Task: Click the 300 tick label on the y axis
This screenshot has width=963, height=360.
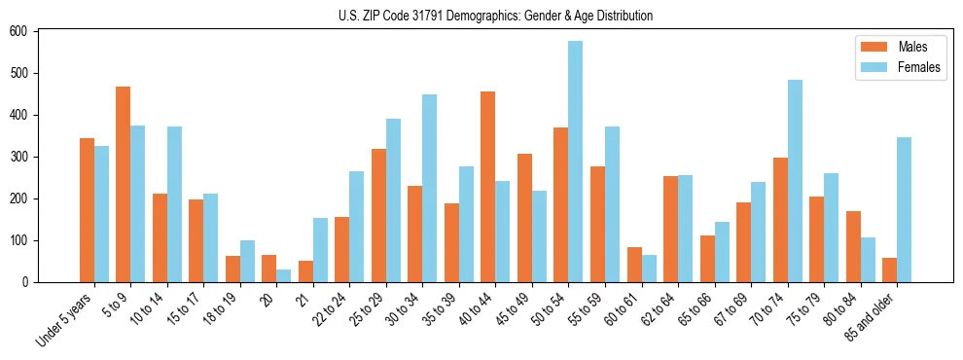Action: [21, 157]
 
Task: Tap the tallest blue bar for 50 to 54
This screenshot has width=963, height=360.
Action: [575, 162]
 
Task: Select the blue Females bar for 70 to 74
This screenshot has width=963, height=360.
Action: [794, 181]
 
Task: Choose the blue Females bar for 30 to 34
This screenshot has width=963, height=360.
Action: [429, 189]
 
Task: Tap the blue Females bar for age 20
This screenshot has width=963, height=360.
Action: [283, 275]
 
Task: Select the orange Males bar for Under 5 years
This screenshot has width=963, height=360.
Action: [87, 210]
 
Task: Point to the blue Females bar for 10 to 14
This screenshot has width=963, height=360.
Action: [174, 204]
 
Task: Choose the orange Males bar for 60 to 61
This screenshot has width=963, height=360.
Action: [633, 265]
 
